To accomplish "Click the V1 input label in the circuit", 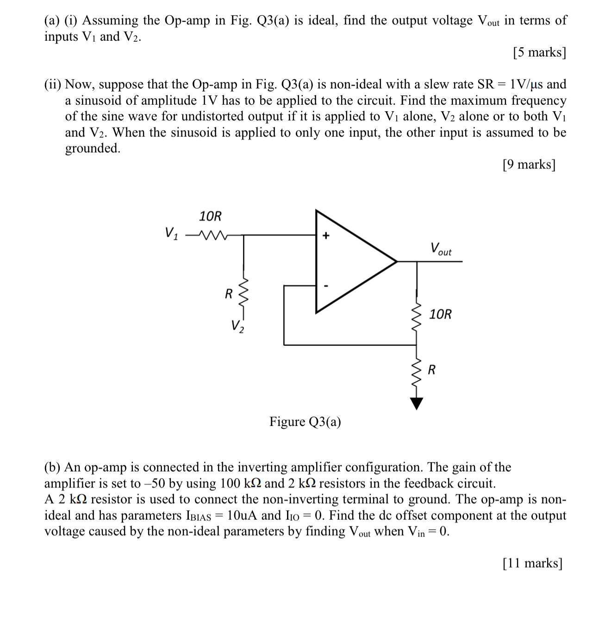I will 171,232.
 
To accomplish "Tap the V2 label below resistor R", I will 237,326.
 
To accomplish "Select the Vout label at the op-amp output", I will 441,249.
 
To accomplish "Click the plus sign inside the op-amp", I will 326,236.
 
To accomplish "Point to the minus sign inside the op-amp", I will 326,286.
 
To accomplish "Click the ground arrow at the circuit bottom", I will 417,404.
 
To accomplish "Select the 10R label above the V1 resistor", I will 210,216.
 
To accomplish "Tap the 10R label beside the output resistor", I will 440,314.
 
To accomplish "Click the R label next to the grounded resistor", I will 431,370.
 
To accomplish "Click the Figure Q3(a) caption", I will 305,422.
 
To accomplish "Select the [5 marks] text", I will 539,52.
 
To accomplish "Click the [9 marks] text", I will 529,164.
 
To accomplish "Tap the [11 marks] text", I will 532,563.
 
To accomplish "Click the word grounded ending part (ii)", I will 92,149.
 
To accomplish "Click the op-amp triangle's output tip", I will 397,262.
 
